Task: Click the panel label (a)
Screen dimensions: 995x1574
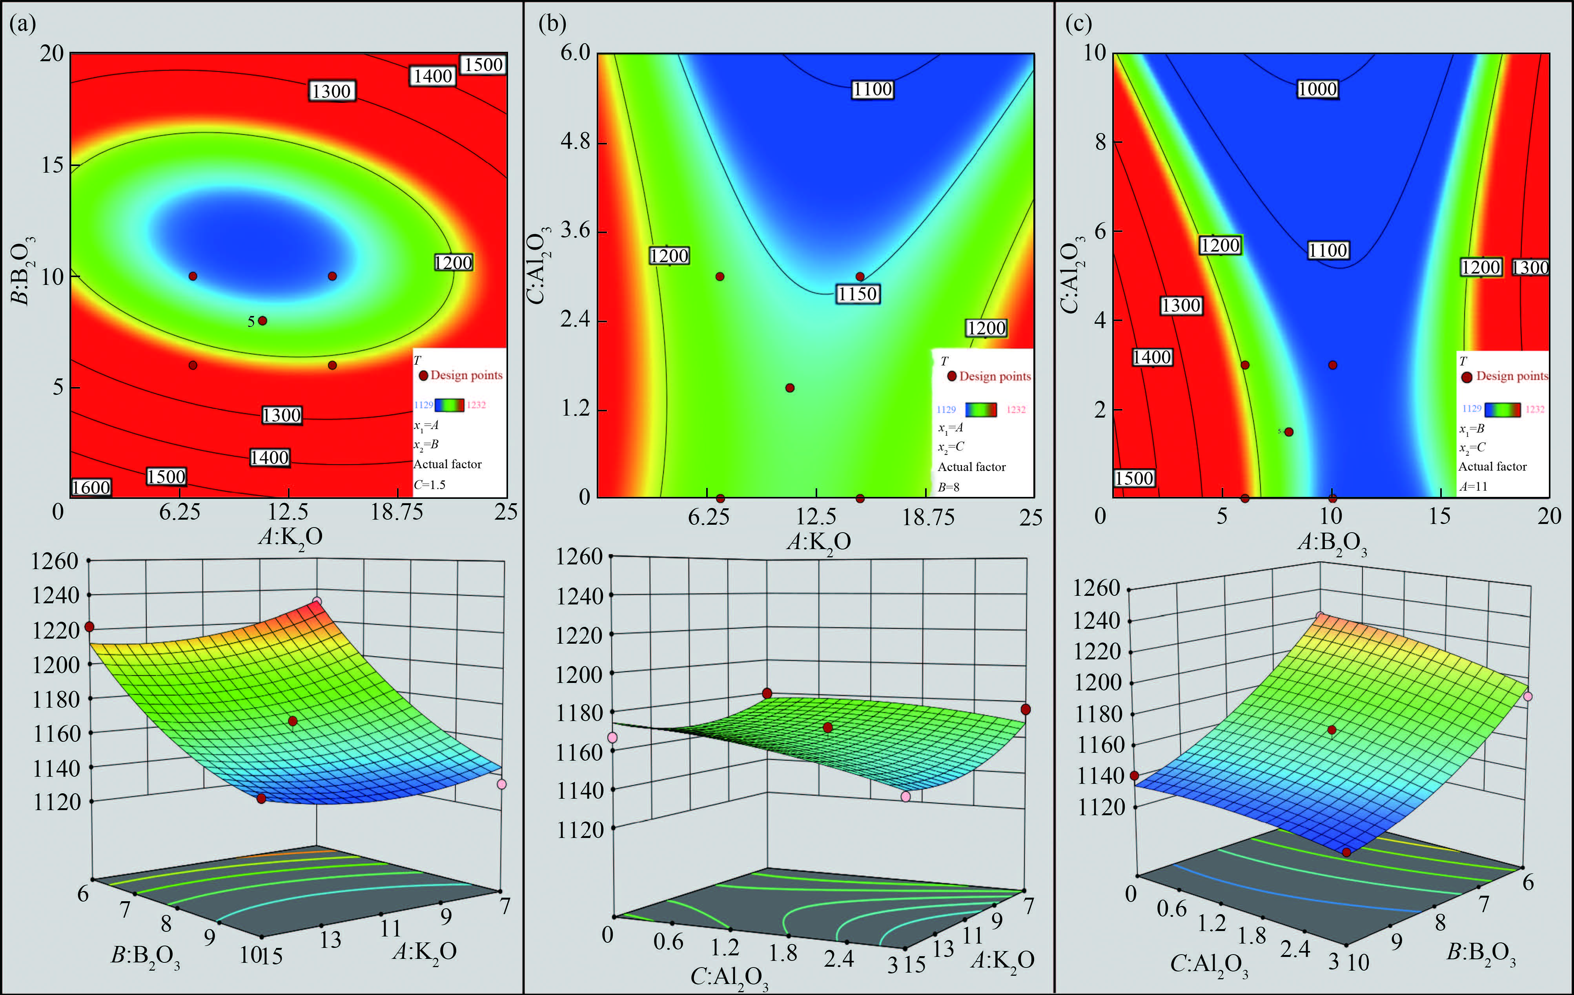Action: tap(22, 24)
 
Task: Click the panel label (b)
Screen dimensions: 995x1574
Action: tap(552, 24)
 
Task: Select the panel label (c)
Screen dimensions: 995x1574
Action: tap(1078, 24)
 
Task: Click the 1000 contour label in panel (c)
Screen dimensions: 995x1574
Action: tap(1317, 89)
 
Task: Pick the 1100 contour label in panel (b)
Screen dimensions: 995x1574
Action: tap(872, 89)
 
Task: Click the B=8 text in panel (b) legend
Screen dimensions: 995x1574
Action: tap(949, 487)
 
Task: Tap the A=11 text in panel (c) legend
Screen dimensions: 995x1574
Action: tap(1473, 486)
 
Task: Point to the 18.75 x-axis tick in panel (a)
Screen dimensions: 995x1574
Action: tap(397, 512)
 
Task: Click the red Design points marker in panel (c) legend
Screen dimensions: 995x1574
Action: tap(1467, 377)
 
